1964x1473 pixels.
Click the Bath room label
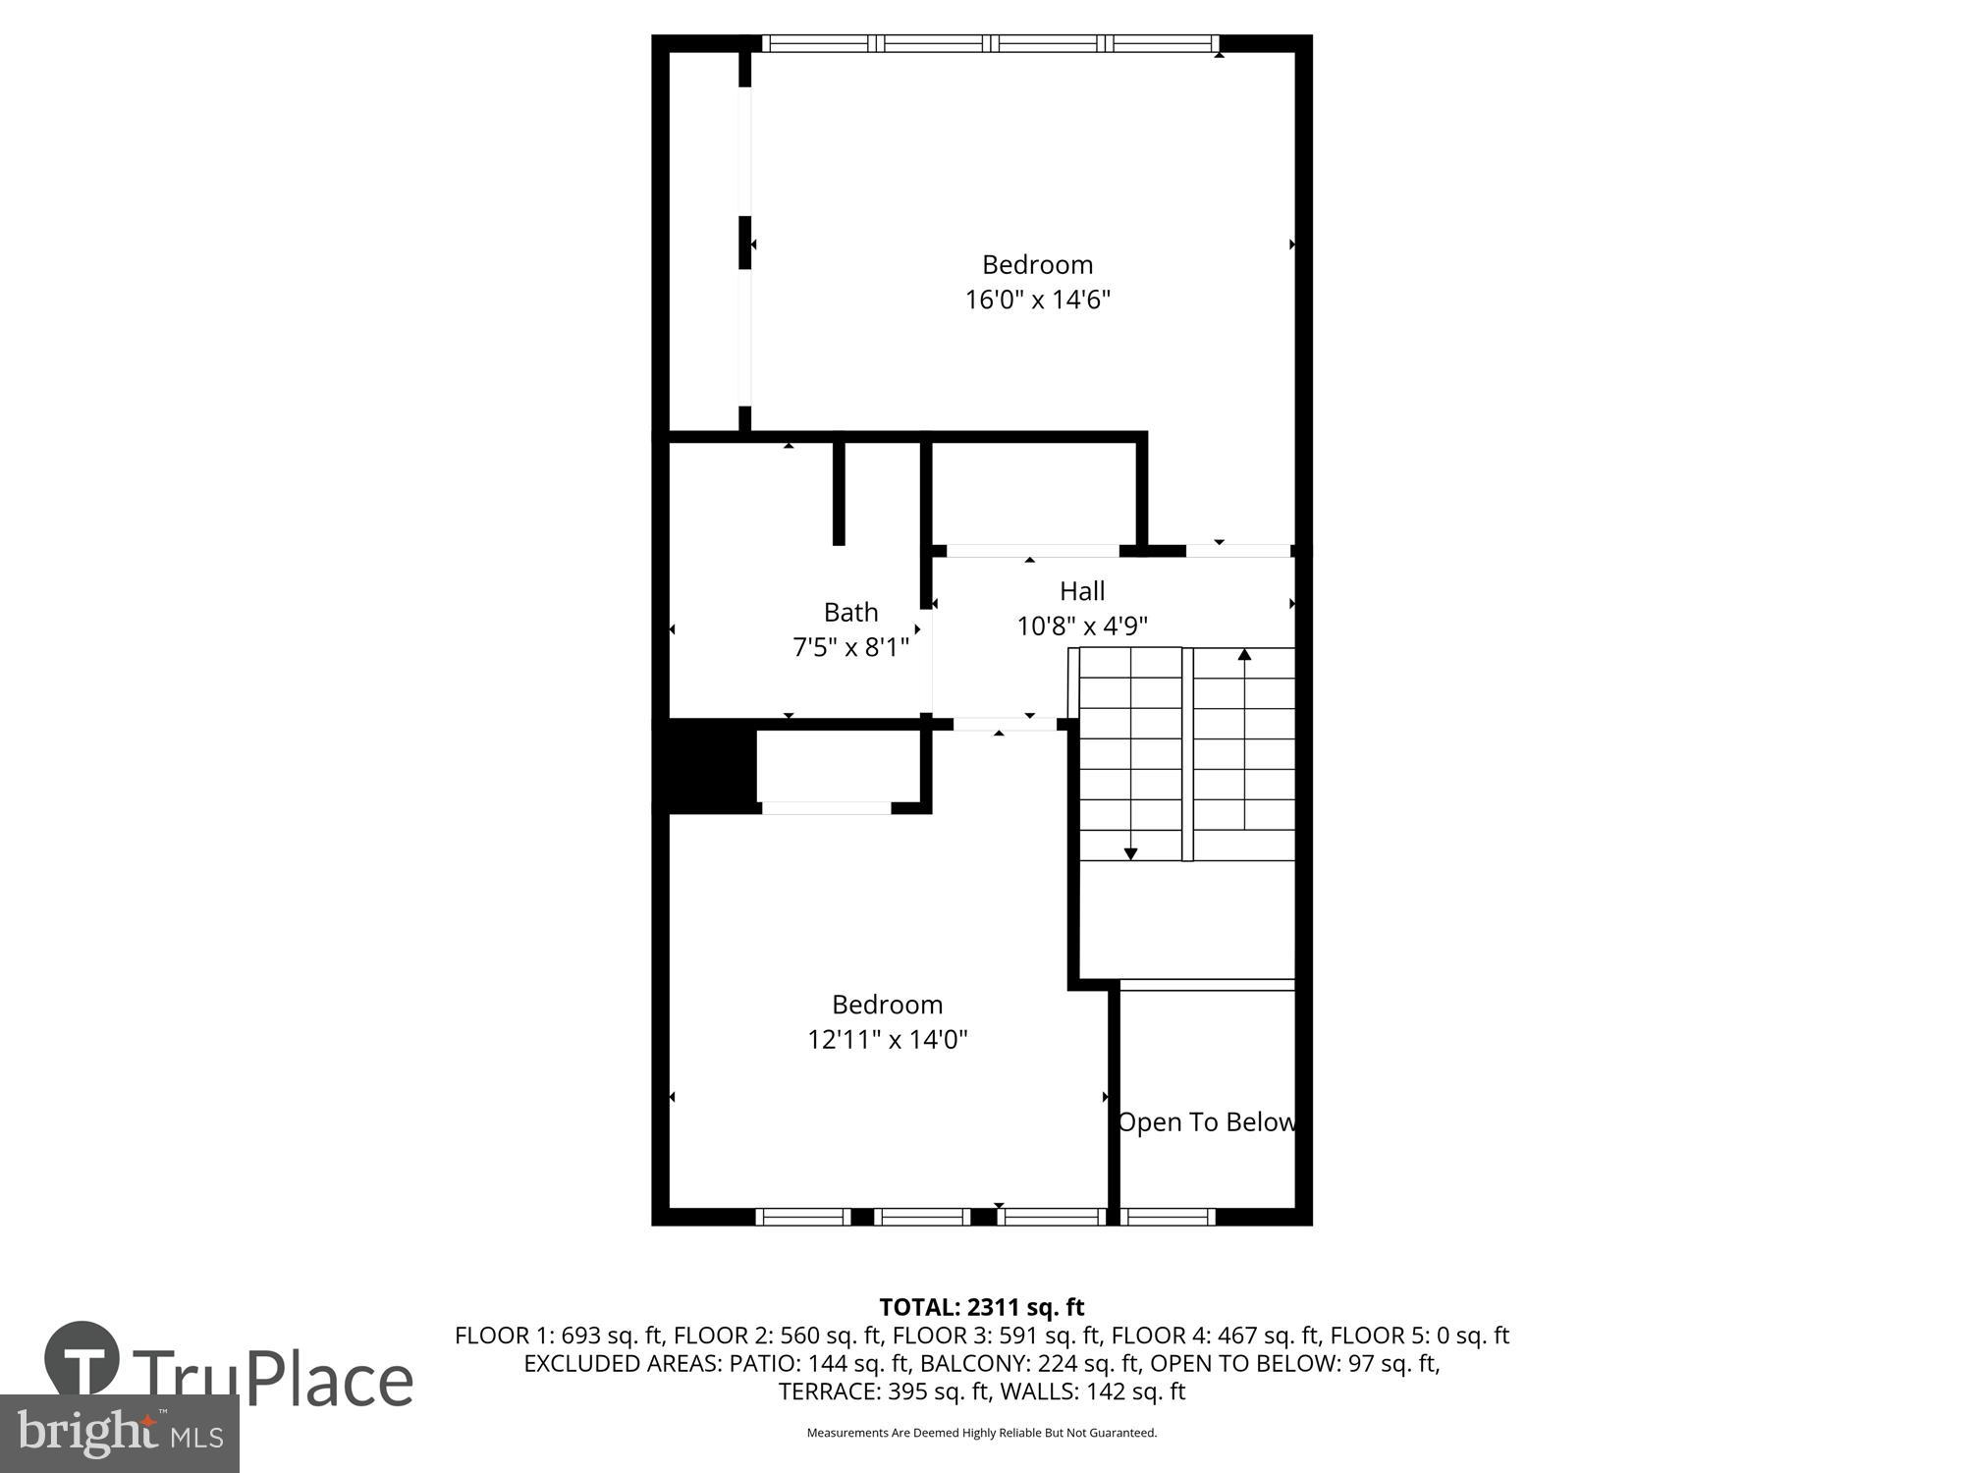coord(850,612)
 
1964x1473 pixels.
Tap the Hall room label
coord(1082,591)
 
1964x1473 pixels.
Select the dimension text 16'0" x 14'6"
coord(1037,300)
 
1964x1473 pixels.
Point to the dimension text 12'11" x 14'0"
coord(888,1039)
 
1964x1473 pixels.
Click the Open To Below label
coord(1207,1121)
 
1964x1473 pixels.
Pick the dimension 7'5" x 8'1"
coord(850,647)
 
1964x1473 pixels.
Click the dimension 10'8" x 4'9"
coord(1082,626)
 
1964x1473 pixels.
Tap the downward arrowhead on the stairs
coord(1130,853)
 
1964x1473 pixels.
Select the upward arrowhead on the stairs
coord(1244,654)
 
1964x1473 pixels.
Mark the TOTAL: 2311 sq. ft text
coord(981,1307)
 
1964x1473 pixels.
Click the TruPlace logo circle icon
coord(82,1358)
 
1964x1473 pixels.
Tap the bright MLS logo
coord(119,1434)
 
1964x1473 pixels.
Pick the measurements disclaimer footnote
coord(981,1433)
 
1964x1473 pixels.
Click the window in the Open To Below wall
coord(1169,1217)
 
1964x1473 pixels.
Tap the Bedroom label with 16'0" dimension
coord(1037,264)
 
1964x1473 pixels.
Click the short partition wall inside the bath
coord(839,491)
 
